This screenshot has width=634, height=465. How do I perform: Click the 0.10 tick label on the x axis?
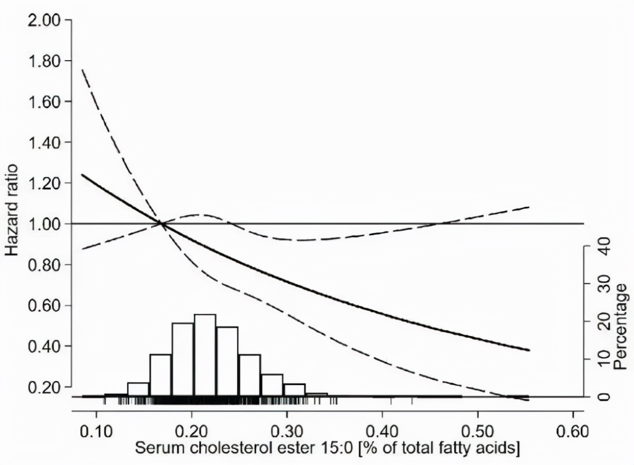[96, 431]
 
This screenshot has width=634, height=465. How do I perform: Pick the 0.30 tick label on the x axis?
[286, 431]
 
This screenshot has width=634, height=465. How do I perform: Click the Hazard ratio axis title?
[13, 210]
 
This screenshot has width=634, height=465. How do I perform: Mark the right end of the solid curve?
[528, 350]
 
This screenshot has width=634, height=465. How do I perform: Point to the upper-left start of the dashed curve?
[82, 70]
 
